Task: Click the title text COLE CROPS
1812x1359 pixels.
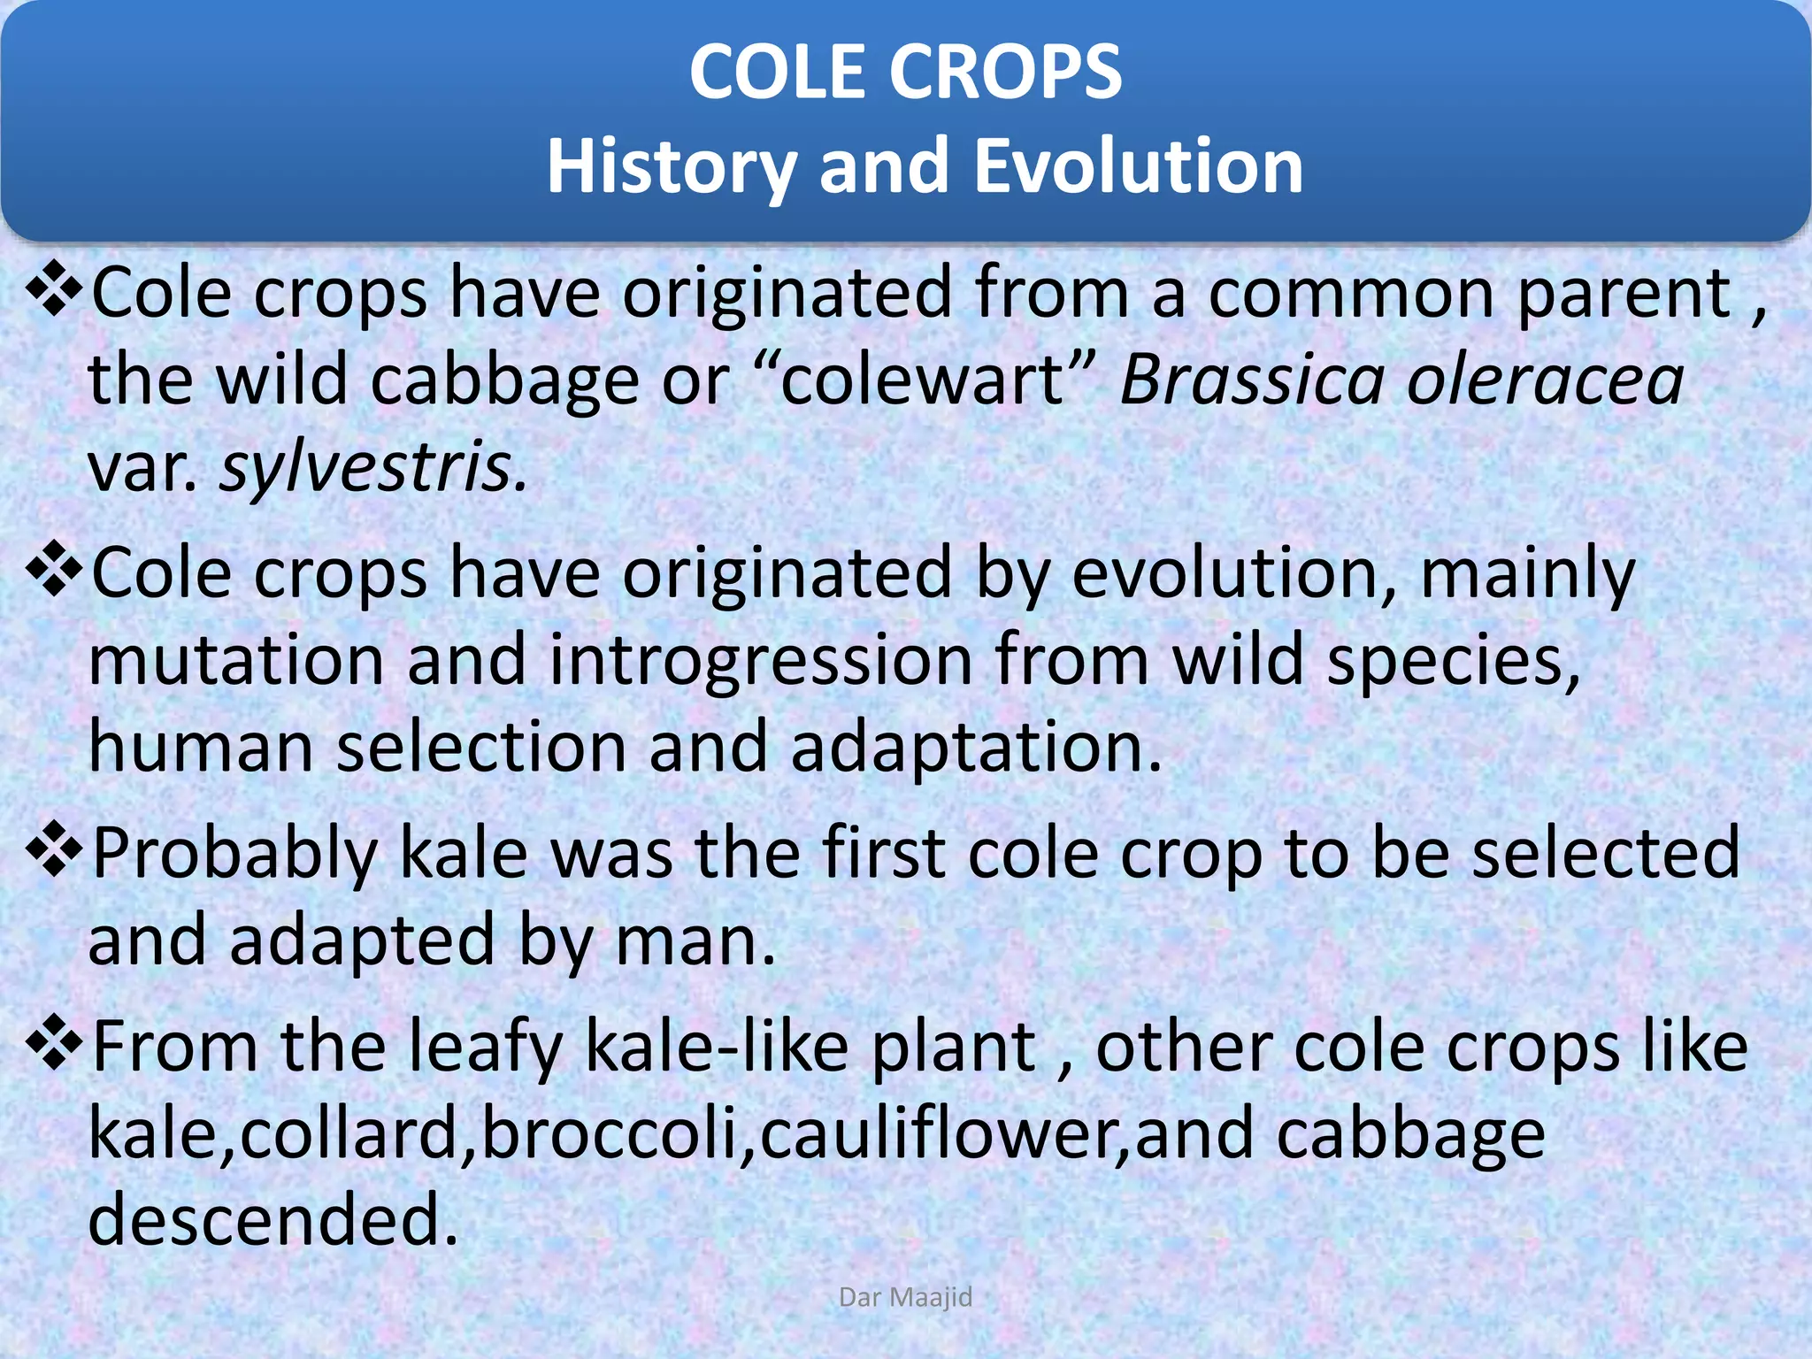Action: pos(905,73)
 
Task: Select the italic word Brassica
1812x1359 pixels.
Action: pos(1252,380)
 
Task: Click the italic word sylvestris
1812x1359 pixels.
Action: pos(372,468)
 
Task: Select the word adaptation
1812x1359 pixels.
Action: pos(975,748)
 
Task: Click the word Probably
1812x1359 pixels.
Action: pos(234,855)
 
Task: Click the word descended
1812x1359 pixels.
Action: pos(273,1219)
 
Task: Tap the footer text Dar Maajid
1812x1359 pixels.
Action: pos(905,1297)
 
